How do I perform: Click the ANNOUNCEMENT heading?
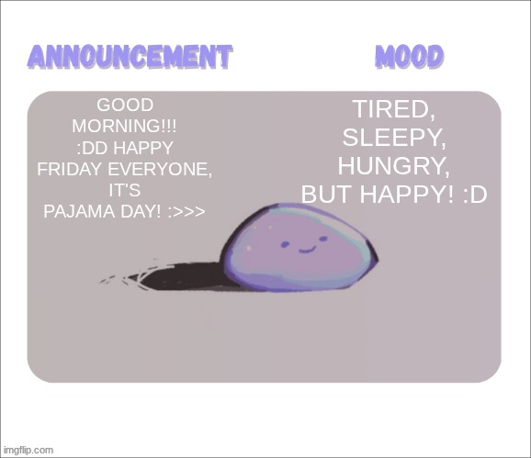(129, 57)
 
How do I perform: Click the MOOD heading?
(409, 57)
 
